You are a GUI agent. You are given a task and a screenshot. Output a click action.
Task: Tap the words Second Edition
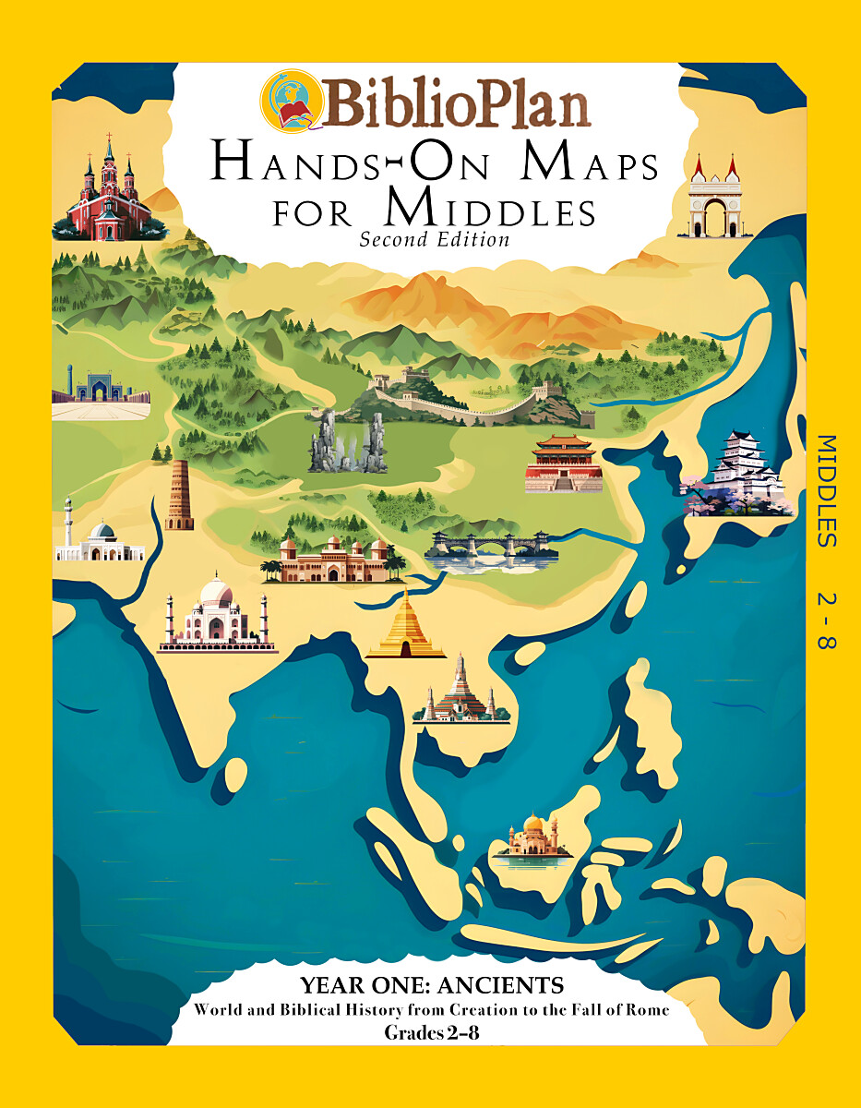click(435, 240)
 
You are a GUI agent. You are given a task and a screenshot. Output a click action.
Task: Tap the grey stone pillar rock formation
click(347, 441)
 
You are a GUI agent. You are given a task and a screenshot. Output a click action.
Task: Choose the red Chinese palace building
click(564, 464)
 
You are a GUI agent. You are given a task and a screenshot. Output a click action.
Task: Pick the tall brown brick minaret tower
click(178, 496)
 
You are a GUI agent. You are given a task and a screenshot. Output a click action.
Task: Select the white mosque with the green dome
click(99, 542)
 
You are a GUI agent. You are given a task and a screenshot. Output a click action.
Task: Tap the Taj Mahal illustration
click(217, 613)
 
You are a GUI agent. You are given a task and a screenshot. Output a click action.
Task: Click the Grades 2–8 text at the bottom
click(430, 1031)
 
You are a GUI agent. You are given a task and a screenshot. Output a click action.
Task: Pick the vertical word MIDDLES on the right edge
click(826, 490)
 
